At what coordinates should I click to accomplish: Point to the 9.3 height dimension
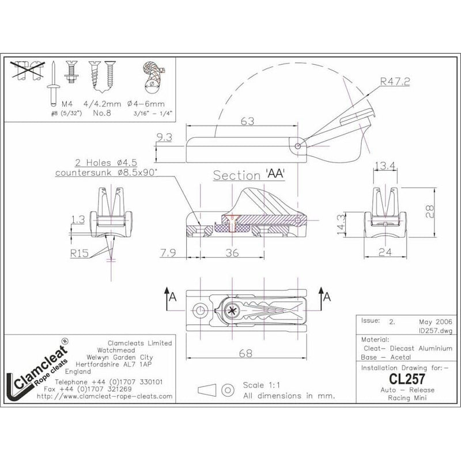click(x=164, y=138)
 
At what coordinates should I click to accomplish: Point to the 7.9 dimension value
click(x=169, y=252)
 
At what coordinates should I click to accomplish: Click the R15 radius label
click(x=80, y=252)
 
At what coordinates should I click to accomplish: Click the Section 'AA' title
click(x=250, y=175)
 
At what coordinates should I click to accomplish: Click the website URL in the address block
click(x=104, y=397)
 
